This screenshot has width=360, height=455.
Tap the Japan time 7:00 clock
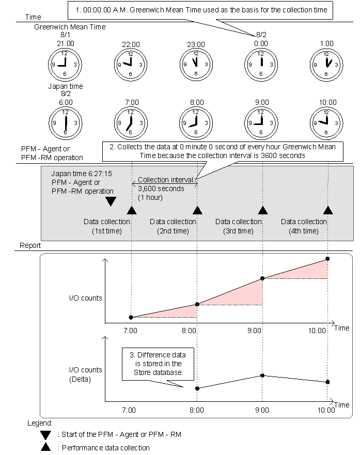tap(131, 122)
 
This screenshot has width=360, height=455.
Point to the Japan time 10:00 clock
tap(327, 122)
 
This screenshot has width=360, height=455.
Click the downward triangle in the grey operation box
tap(111, 201)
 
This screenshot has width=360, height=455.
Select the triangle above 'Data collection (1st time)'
tap(131, 210)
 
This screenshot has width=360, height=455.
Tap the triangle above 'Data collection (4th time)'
tap(327, 210)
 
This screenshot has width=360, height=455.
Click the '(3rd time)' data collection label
tap(238, 231)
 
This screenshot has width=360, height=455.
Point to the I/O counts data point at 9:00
tap(262, 278)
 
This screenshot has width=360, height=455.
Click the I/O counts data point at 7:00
tap(131, 317)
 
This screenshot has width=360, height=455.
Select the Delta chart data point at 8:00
tap(197, 388)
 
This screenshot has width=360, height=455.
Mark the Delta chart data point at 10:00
tap(327, 382)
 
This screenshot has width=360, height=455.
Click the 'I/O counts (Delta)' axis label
tap(85, 374)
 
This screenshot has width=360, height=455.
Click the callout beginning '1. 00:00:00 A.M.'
tap(201, 10)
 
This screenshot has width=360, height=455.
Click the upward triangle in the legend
tap(46, 447)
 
